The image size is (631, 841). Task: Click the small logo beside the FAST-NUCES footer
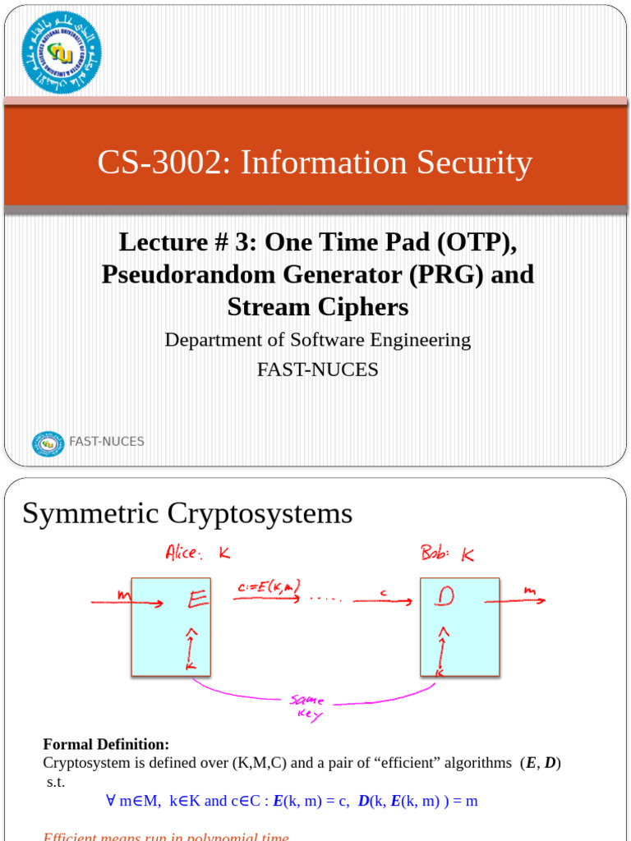tap(48, 443)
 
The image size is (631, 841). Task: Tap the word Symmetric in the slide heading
tap(91, 513)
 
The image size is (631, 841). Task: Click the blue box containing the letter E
tap(171, 626)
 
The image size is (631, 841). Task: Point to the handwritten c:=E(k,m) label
tap(267, 586)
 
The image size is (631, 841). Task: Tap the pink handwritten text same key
tap(306, 707)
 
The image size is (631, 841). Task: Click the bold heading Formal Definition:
tap(106, 744)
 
